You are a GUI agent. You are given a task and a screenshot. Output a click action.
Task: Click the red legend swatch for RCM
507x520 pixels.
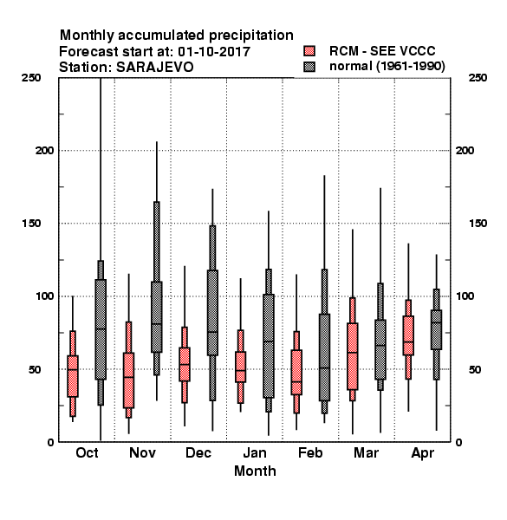click(309, 51)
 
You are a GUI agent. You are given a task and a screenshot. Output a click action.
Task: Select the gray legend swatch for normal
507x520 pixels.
click(309, 67)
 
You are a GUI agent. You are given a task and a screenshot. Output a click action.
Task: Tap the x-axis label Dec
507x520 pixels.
click(198, 452)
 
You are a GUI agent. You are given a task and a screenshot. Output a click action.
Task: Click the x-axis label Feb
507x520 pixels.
click(310, 452)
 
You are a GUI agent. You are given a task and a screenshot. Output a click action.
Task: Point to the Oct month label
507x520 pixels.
click(87, 452)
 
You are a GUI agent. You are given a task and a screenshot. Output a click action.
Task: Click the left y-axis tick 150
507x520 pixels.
click(31, 224)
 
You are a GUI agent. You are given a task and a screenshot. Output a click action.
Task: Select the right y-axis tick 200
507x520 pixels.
click(465, 151)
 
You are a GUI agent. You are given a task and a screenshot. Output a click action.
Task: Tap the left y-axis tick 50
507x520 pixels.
click(35, 369)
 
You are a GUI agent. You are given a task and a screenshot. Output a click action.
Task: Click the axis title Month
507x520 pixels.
click(255, 471)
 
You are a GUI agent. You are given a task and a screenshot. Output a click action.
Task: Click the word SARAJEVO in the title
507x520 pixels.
click(155, 68)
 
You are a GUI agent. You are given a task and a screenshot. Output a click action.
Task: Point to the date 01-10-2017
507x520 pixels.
click(214, 52)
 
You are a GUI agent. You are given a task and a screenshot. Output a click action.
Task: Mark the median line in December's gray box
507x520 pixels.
click(212, 332)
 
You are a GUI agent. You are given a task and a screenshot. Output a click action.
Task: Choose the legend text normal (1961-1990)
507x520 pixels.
click(387, 67)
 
